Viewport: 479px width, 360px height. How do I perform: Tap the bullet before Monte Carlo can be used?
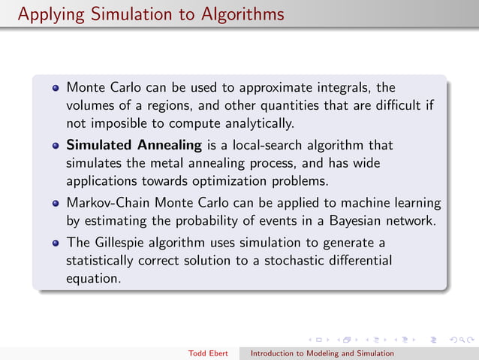pyautogui.click(x=56, y=88)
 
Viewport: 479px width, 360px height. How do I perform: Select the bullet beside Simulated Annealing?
pyautogui.click(x=56, y=144)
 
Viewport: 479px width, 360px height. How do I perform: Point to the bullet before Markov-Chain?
pyautogui.click(x=56, y=203)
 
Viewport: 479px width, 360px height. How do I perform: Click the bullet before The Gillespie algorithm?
pyautogui.click(x=56, y=242)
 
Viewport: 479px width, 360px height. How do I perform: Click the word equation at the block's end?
pyautogui.click(x=93, y=278)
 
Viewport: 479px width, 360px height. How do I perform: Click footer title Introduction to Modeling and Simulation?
pyautogui.click(x=322, y=353)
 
